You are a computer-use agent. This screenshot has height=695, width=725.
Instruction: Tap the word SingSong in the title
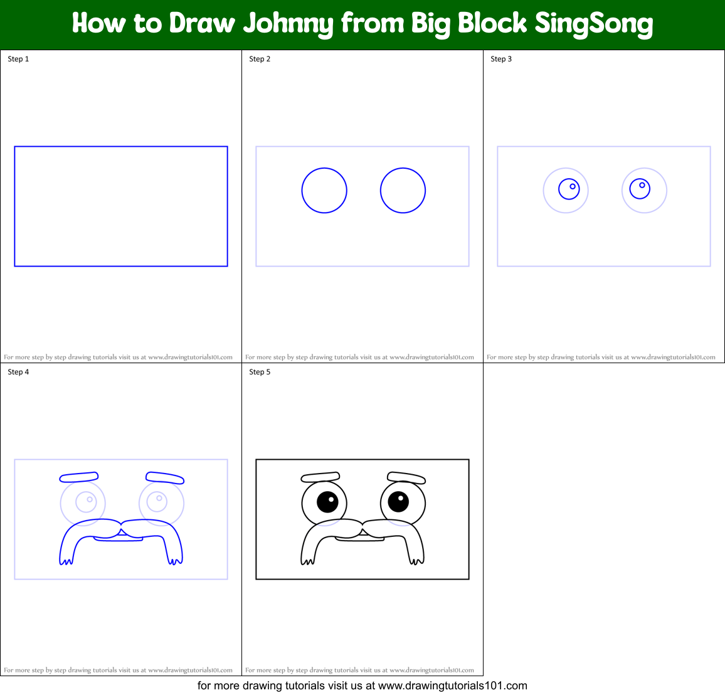tap(593, 24)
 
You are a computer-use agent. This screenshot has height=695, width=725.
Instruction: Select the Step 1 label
tap(18, 59)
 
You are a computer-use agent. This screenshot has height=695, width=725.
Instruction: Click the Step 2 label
tap(260, 59)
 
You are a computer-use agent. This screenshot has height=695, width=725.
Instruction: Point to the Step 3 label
tap(501, 59)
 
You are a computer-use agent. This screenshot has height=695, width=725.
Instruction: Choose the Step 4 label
tap(18, 372)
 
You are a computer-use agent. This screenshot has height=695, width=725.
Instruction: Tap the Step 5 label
tap(260, 372)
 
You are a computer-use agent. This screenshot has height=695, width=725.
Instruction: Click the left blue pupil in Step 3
tap(569, 189)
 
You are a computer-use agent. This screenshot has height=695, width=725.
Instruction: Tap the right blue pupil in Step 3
tap(640, 188)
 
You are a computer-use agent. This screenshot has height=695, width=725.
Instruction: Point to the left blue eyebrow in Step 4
tap(79, 477)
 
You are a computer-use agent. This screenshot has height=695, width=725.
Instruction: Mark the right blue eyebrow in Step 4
tap(165, 478)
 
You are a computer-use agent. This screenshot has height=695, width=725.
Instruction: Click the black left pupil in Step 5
tap(327, 502)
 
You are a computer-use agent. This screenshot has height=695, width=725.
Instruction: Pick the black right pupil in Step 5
tap(398, 501)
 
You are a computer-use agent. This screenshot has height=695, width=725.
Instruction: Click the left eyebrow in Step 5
tap(320, 477)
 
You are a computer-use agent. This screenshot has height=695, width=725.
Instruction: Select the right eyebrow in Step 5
tap(406, 478)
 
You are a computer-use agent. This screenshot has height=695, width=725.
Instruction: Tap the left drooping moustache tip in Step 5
tap(307, 558)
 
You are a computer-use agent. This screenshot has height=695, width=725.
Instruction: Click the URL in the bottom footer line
tap(452, 686)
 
